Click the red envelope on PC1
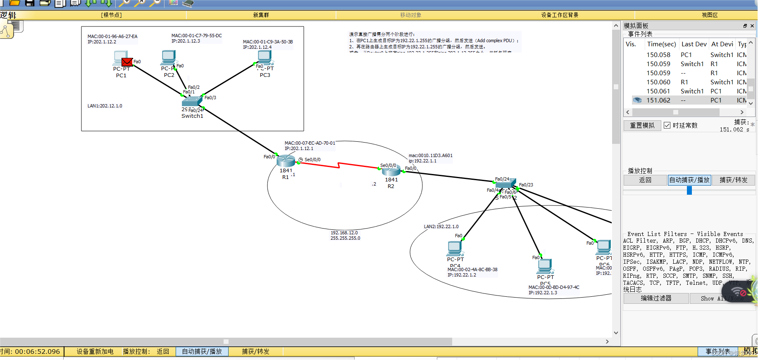[127, 62]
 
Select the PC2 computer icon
[169, 57]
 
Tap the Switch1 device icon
[192, 101]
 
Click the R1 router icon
[286, 161]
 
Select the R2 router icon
[391, 170]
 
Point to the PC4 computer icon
[455, 248]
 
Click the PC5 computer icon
[545, 266]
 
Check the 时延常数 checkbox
[667, 125]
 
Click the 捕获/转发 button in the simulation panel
[734, 180]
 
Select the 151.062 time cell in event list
[658, 100]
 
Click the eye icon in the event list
[637, 100]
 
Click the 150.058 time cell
[658, 55]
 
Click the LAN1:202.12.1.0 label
[105, 106]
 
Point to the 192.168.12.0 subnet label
[344, 233]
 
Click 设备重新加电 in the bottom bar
[95, 352]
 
